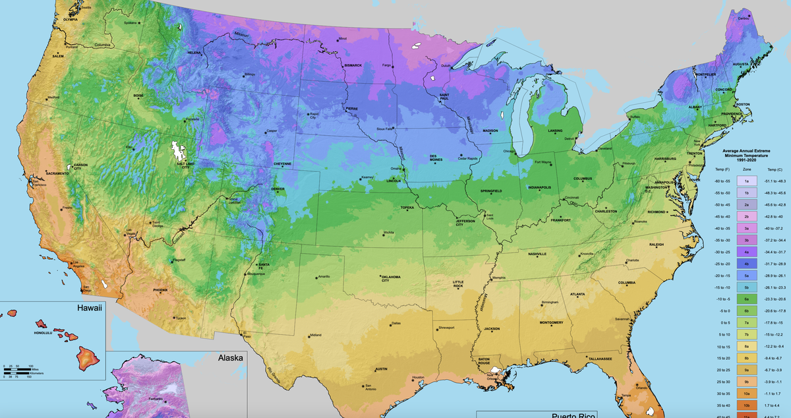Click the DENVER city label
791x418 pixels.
[x=278, y=189]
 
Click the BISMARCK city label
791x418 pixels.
[x=353, y=65]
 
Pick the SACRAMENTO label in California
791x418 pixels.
[x=58, y=173]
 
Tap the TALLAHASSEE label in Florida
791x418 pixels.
[x=600, y=359]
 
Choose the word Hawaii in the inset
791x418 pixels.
[x=91, y=308]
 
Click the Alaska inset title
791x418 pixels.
[x=231, y=359]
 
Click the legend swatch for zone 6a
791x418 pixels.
[x=746, y=299]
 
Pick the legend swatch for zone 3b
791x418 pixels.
[x=746, y=241]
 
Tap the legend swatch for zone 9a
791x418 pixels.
[x=746, y=370]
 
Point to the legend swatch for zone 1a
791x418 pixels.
[x=746, y=180]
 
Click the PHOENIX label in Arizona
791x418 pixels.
[x=160, y=290]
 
